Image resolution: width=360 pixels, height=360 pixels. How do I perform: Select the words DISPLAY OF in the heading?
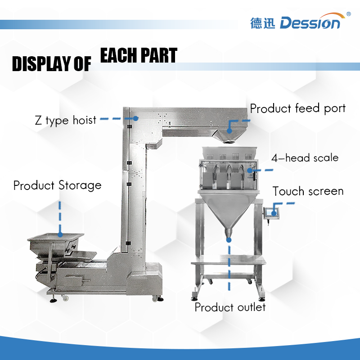coord(51,64)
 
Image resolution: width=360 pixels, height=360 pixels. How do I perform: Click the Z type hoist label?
coord(66,120)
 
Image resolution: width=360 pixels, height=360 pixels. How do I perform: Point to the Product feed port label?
coord(297,108)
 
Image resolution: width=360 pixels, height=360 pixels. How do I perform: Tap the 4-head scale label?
coord(305,158)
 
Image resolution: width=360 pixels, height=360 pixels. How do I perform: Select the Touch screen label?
coord(308,191)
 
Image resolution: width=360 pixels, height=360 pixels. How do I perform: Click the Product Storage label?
coord(57,185)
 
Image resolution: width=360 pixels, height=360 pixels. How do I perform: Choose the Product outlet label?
coord(230,307)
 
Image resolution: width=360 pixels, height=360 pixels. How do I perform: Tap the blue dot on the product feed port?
coord(229,130)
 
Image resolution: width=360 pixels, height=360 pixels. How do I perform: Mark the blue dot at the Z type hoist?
coord(135,117)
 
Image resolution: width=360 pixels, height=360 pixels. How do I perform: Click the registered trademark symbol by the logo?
coord(348,14)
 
